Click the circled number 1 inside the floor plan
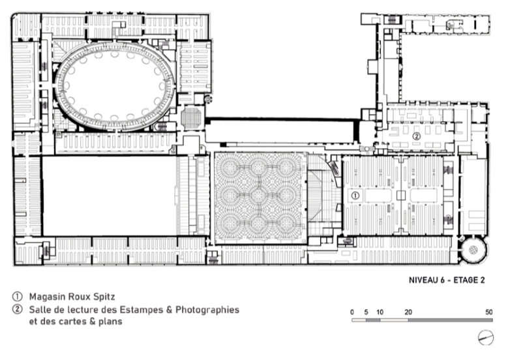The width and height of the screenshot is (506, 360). (355, 196)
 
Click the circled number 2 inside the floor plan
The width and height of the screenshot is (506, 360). (417, 136)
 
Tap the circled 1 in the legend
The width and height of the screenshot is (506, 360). (17, 296)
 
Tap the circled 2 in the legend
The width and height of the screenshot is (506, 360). (17, 309)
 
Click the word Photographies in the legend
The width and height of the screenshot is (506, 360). (207, 310)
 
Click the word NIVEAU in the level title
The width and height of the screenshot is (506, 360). (424, 280)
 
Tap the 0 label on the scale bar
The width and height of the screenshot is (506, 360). (352, 312)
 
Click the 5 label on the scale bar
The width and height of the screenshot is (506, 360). (366, 312)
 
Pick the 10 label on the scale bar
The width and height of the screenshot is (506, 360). (379, 312)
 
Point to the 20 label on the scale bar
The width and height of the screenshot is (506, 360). (408, 312)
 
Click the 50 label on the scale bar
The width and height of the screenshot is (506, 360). (489, 312)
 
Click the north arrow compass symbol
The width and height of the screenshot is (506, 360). (485, 337)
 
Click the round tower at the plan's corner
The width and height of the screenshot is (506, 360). (473, 249)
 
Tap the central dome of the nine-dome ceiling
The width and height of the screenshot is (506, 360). (258, 196)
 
